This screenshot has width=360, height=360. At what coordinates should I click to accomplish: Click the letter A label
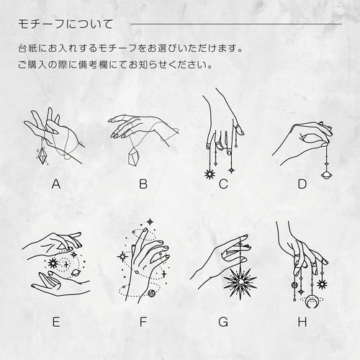56,184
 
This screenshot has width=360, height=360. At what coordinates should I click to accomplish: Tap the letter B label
143,184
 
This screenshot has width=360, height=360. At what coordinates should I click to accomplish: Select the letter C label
223,184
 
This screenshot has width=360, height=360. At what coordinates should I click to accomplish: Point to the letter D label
302,184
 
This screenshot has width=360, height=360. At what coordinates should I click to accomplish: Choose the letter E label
56,322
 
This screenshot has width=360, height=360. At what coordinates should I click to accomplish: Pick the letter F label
143,322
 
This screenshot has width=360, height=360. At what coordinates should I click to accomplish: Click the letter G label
223,322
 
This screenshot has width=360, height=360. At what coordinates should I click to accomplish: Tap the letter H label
302,322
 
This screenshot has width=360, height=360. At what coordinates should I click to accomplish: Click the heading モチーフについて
66,24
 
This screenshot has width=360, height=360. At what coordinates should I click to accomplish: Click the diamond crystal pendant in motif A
43,156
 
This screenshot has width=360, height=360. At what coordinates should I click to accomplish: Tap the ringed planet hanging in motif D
326,174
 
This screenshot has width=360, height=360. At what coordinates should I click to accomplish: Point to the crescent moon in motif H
311,303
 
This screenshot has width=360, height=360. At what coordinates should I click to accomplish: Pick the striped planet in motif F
151,293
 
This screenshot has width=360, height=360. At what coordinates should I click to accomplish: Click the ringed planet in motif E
74,273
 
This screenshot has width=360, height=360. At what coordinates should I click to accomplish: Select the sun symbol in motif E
53,264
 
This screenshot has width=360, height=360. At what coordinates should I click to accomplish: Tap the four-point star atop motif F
150,222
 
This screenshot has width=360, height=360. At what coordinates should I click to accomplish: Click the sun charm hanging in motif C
209,174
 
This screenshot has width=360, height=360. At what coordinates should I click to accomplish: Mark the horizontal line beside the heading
236,24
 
